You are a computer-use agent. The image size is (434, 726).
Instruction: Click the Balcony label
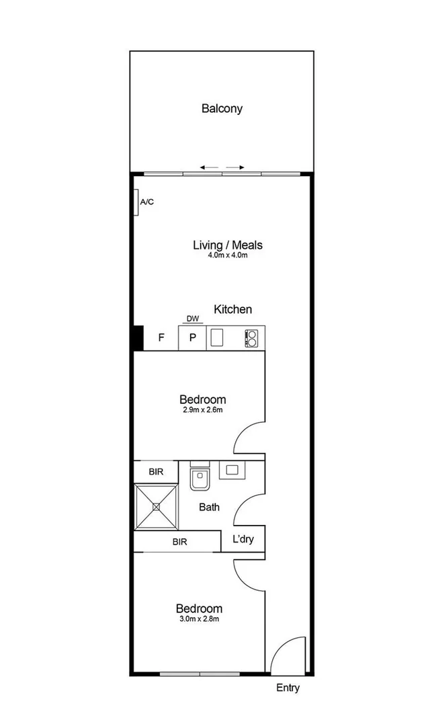coord(222,108)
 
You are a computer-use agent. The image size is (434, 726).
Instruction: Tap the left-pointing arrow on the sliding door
coord(209,167)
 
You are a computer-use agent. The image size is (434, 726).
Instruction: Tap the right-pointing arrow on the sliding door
coord(234,167)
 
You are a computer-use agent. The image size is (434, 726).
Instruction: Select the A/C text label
coord(146,202)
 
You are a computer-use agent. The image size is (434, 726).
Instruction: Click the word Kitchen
coord(232,309)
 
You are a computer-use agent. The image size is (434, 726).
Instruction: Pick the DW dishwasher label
coord(192,319)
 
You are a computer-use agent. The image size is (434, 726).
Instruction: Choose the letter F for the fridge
coord(161,338)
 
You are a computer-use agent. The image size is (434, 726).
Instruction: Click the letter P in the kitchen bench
coord(192,338)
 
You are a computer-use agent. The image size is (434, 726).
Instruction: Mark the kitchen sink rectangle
coord(216,337)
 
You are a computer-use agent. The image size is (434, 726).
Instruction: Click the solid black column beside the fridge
coord(137,337)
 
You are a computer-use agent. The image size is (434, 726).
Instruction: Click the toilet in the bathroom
coord(200,478)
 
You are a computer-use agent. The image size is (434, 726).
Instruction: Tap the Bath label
coord(209,508)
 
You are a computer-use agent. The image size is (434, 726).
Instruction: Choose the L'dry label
coord(243,540)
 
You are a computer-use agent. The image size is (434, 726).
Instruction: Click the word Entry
coord(288,688)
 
